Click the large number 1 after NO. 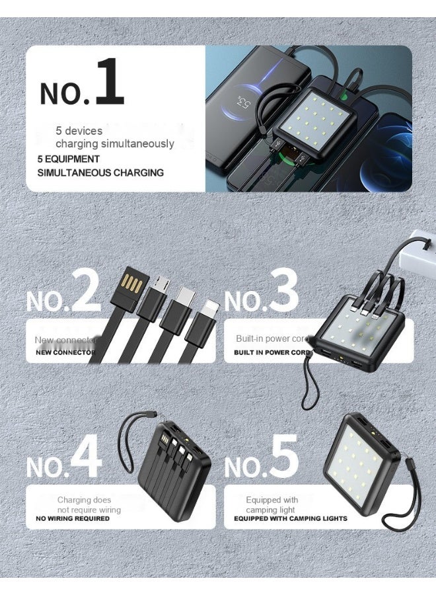(109, 82)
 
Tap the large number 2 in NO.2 (86, 291)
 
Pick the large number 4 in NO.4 (86, 456)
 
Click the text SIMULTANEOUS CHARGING (100, 173)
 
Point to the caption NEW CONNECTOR (65, 352)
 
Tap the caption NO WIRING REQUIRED (73, 518)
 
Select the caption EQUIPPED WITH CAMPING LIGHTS (291, 518)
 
